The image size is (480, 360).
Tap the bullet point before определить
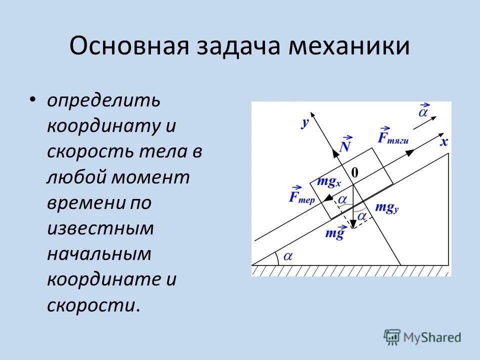[33, 99]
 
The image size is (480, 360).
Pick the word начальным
[99, 254]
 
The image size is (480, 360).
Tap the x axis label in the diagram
[443, 142]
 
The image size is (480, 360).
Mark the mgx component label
[327, 182]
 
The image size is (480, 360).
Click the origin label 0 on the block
[354, 172]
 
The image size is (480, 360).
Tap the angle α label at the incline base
[288, 256]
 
